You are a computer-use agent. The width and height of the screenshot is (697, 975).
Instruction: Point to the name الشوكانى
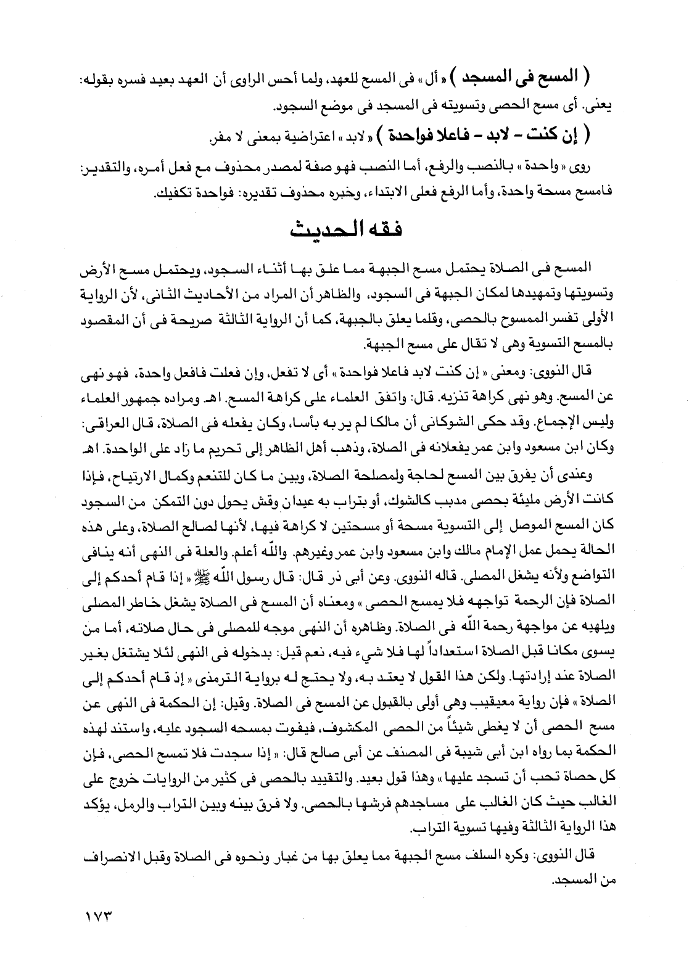pos(376,426)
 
